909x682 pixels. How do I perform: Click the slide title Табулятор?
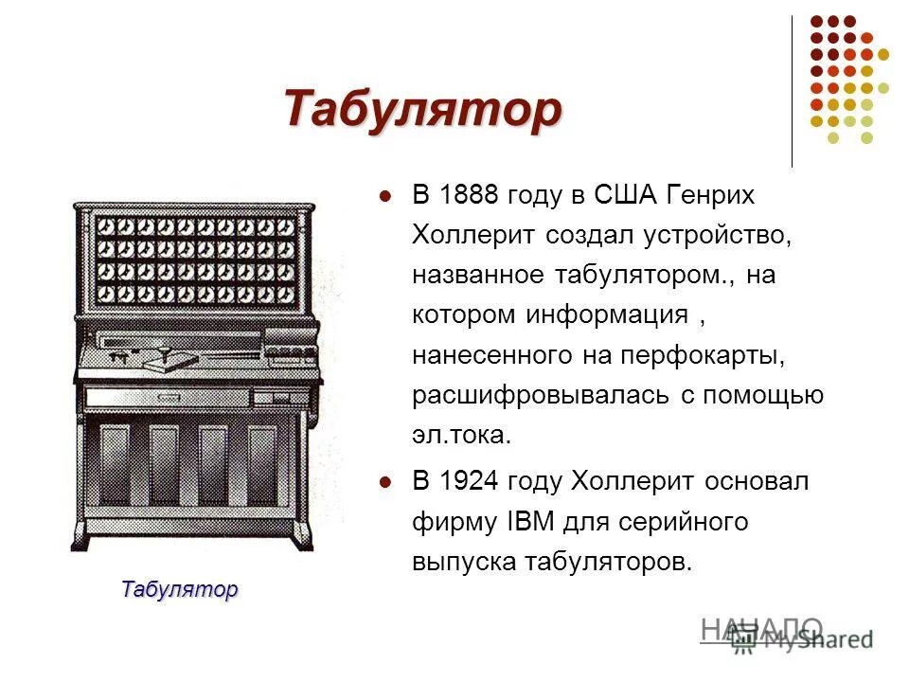click(x=421, y=109)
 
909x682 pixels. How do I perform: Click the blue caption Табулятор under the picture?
click(x=179, y=588)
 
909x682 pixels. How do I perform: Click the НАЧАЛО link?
click(x=761, y=627)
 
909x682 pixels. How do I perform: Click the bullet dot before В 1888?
click(x=384, y=197)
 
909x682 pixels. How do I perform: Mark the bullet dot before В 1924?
click(x=384, y=483)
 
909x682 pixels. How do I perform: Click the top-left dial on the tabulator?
click(x=106, y=227)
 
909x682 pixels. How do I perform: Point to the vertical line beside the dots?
click(x=792, y=91)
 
